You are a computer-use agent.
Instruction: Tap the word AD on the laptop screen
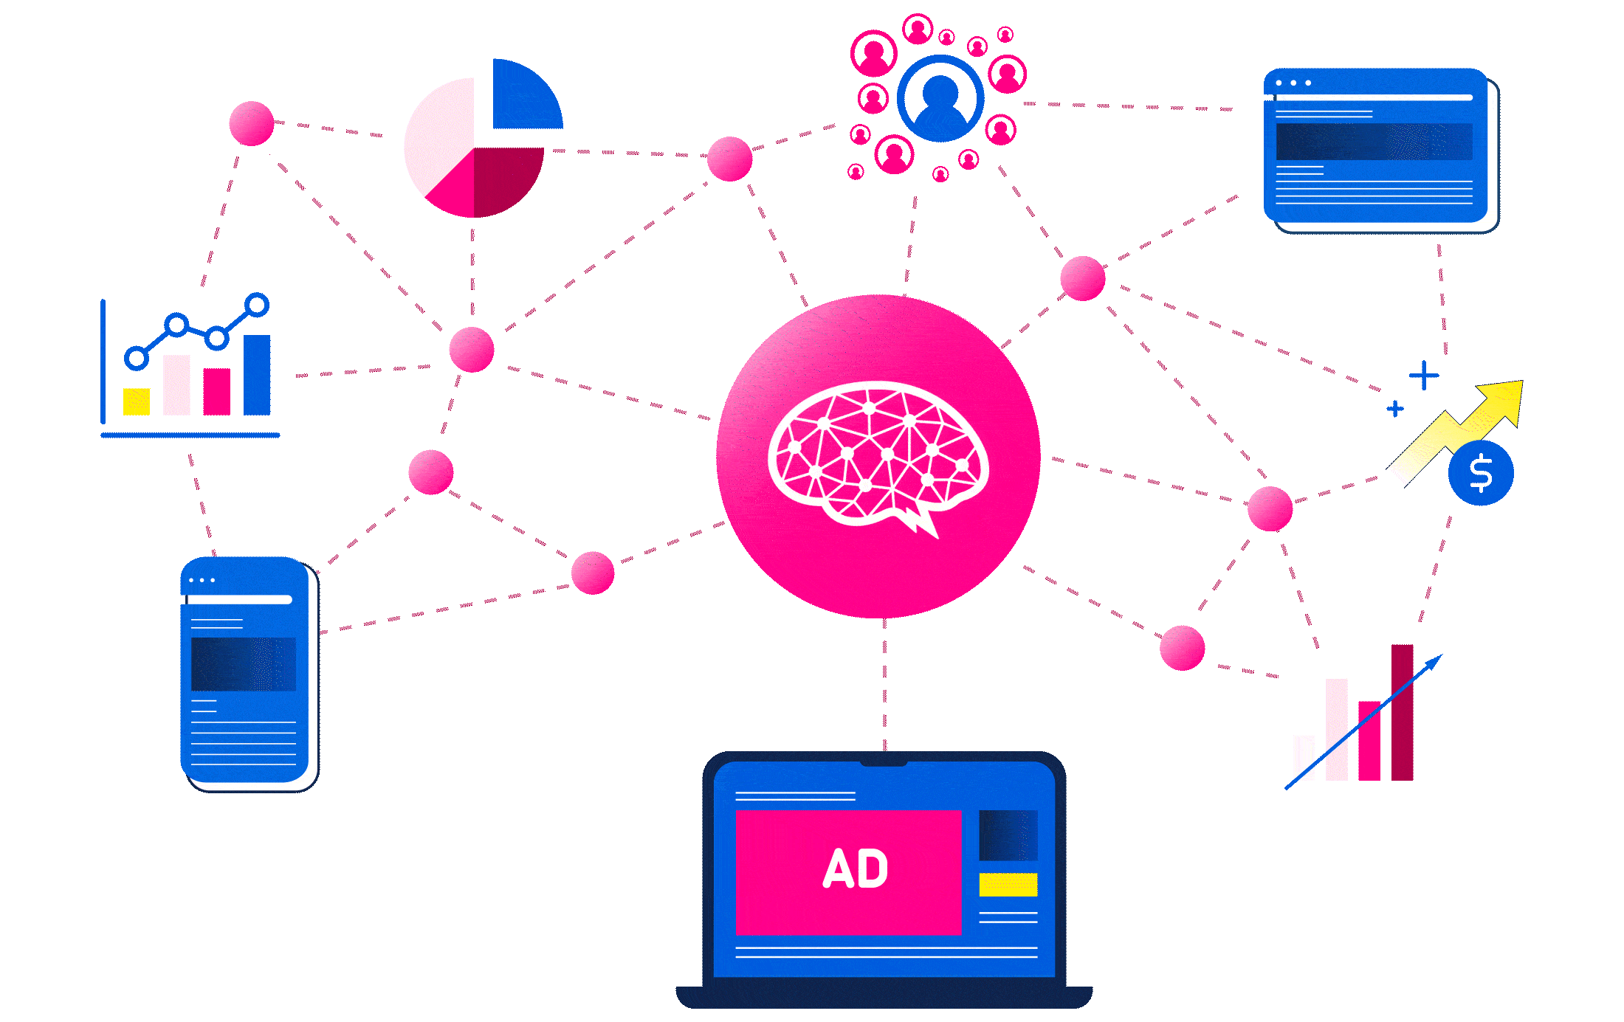(x=856, y=869)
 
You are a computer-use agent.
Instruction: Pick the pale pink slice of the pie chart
(x=439, y=133)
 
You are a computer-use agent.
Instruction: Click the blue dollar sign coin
(x=1481, y=473)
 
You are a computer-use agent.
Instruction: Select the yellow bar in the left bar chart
(x=137, y=401)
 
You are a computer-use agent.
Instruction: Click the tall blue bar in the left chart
(x=257, y=375)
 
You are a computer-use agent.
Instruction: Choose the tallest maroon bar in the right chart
(x=1402, y=712)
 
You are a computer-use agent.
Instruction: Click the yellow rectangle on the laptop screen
(x=1008, y=884)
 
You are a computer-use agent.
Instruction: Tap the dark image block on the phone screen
(x=243, y=664)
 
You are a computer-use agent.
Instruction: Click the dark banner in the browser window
(x=1374, y=142)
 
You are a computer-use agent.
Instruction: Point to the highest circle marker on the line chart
(x=257, y=304)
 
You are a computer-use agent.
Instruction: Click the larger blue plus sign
(x=1424, y=376)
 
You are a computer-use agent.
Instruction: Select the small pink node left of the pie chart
(x=252, y=123)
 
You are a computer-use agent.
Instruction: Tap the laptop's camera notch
(x=884, y=761)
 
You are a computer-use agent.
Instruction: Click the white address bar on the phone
(x=240, y=600)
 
